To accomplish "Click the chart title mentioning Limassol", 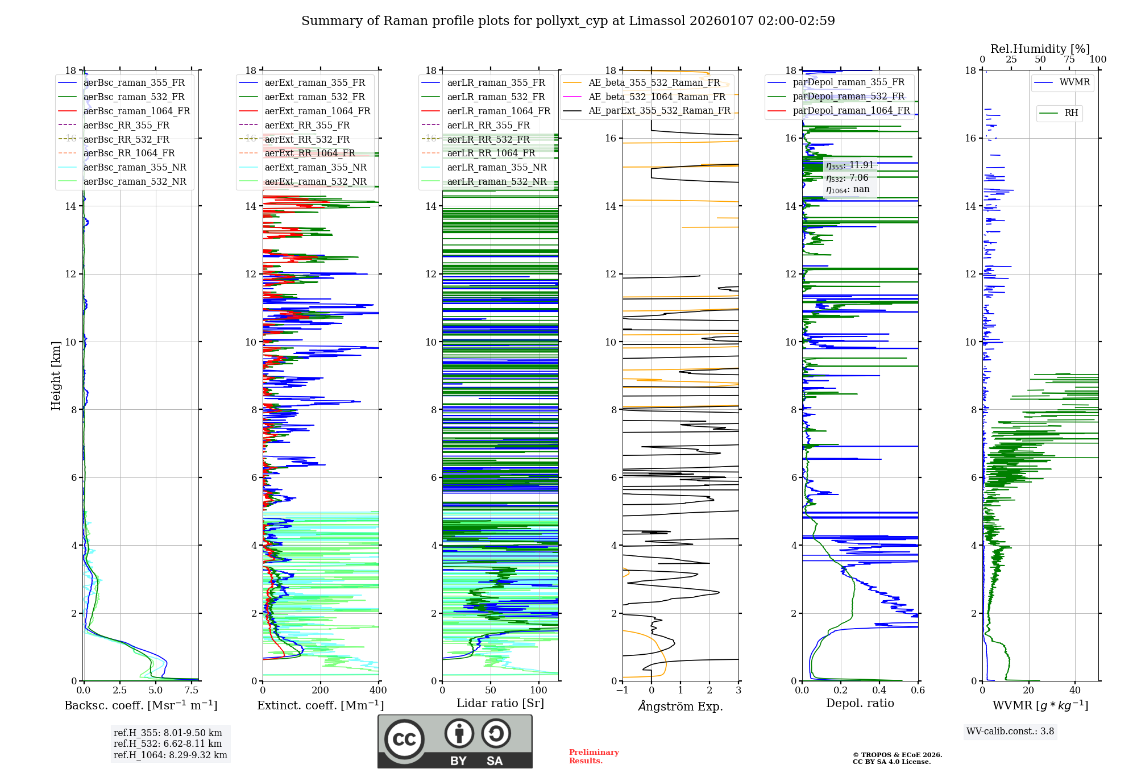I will pos(568,21).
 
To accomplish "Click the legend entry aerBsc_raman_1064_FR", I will pos(136,111).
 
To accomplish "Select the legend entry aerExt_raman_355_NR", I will pos(316,168).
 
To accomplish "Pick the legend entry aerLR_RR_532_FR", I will pos(488,140).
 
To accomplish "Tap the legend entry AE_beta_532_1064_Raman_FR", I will pos(657,97).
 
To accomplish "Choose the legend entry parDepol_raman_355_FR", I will pos(848,82).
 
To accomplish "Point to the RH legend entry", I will pos(1071,113).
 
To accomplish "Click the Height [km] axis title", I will pos(56,376).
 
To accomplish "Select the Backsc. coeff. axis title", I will pos(140,705).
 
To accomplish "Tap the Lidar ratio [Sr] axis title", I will pos(500,704).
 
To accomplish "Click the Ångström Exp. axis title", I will pos(680,706).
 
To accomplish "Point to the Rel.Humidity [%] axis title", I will pos(1040,49).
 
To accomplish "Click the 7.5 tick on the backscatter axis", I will pos(192,691).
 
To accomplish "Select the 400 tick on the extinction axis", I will pos(378,691).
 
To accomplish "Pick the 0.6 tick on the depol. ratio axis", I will pos(918,691).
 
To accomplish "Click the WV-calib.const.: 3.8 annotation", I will pos(1010,732).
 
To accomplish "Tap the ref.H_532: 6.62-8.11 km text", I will pos(168,744).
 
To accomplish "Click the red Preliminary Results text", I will pos(594,757).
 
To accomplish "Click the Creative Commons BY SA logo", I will pos(455,742).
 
